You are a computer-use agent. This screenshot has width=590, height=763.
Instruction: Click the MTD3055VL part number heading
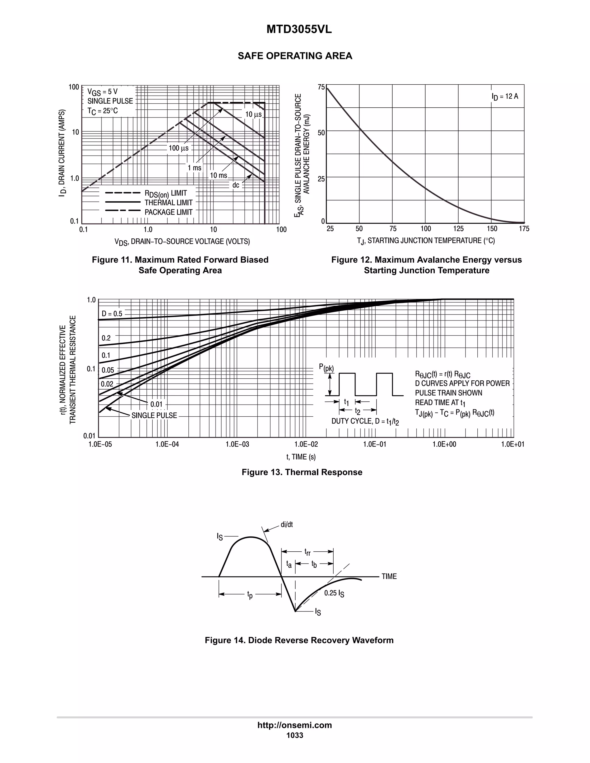pyautogui.click(x=299, y=30)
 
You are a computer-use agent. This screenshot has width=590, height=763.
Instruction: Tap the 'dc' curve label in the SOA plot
pyautogui.click(x=236, y=185)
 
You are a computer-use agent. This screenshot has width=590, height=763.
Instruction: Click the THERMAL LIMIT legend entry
pyautogui.click(x=169, y=203)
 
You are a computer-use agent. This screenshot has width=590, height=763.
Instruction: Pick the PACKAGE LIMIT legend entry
pyautogui.click(x=169, y=212)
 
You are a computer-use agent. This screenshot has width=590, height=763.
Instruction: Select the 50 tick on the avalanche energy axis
pyautogui.click(x=321, y=133)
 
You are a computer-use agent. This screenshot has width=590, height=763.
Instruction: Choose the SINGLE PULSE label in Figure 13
pyautogui.click(x=154, y=415)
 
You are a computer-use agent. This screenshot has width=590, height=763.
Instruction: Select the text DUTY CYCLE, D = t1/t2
pyautogui.click(x=365, y=421)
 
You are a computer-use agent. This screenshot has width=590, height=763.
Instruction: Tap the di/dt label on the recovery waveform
pyautogui.click(x=287, y=524)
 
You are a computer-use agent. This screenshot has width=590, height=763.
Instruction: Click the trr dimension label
pyautogui.click(x=307, y=552)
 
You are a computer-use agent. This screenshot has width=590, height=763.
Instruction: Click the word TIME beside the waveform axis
pyautogui.click(x=389, y=576)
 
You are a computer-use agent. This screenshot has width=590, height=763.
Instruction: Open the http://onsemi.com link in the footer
pyautogui.click(x=295, y=725)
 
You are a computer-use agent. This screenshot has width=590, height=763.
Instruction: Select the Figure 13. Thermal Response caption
pyautogui.click(x=302, y=472)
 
